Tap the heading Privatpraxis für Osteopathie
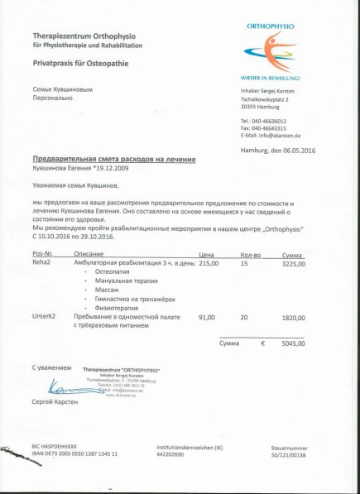coord(79,62)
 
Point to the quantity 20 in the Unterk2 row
coord(243,317)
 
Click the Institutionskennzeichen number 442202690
coord(174,454)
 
